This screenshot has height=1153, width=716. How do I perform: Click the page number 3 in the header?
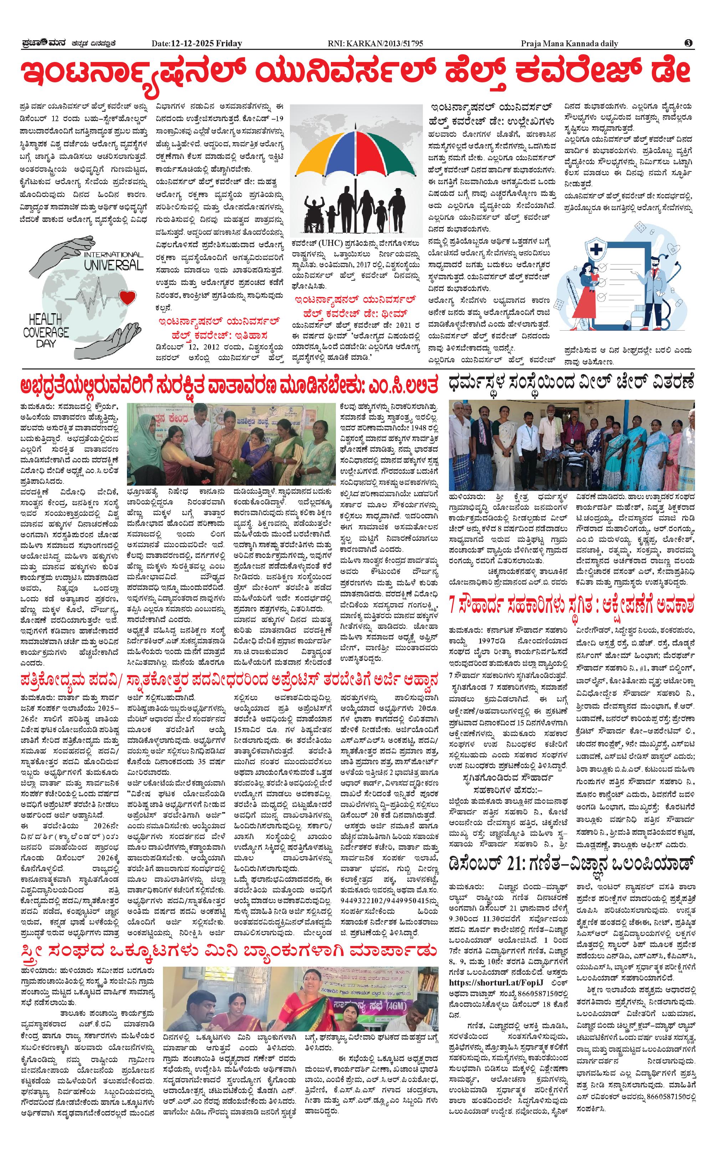[x=689, y=43]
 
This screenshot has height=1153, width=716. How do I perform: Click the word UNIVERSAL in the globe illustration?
[x=114, y=264]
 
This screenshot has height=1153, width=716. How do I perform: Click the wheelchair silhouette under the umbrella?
[x=313, y=212]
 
